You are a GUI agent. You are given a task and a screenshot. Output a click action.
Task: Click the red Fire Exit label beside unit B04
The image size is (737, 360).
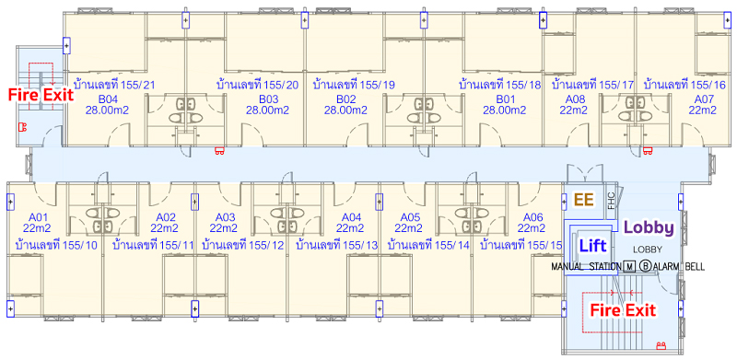41,95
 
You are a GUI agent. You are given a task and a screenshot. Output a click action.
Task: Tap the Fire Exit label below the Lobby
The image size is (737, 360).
623,310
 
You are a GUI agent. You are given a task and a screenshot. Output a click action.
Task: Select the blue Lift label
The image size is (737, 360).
592,245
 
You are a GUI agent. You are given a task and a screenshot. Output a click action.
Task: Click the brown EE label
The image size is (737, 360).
585,200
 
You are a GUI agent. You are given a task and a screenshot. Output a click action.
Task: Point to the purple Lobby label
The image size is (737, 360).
649,227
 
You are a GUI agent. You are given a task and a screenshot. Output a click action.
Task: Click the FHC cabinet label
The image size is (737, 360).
611,201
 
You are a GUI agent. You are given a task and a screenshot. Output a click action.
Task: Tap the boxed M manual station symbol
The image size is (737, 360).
630,266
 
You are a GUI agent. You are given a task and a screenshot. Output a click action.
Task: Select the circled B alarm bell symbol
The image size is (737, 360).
646,266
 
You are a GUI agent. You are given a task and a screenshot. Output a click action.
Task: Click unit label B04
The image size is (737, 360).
108,99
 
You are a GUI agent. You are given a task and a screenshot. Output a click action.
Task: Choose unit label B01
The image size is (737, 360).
505,99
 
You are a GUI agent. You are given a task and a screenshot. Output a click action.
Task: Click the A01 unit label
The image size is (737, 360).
38,217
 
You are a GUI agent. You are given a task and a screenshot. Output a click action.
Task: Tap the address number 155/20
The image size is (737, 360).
281,85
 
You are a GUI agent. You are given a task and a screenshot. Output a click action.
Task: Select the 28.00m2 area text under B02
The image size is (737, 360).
345,110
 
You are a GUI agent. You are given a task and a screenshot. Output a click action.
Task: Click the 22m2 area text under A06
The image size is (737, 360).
532,228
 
